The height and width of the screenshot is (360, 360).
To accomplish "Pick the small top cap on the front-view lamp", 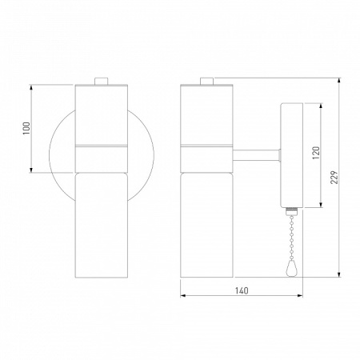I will coord(101,79).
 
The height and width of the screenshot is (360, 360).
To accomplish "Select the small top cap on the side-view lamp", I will coord(207,79).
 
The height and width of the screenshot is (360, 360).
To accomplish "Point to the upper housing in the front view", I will coord(101,112).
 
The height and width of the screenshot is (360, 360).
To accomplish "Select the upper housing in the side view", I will coord(207,112).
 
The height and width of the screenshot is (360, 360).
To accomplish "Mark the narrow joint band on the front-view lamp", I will coord(101,147).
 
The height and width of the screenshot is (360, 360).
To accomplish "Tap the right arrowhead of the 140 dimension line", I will coord(298,297).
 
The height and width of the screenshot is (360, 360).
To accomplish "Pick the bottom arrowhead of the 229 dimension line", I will coord(341,278).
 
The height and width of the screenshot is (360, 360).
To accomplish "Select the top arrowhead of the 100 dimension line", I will coord(32,86).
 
